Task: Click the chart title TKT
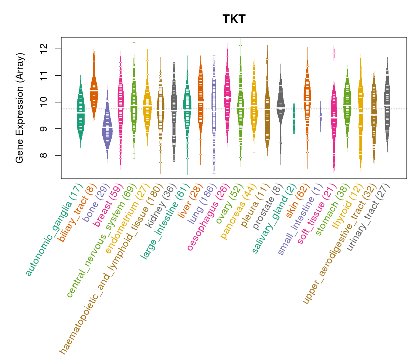tap(234, 19)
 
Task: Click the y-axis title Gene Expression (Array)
tap(20, 108)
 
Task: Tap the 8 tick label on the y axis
tap(43, 155)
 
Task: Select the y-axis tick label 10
tap(43, 102)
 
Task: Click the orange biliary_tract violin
tap(94, 90)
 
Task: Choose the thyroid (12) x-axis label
tap(345, 207)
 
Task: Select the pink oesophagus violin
tap(227, 96)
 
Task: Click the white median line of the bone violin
tap(107, 127)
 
